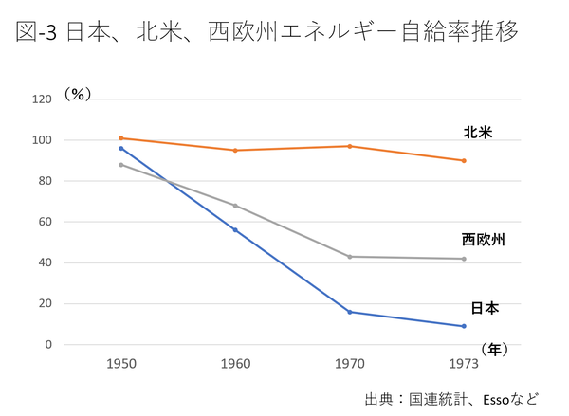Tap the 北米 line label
pyautogui.click(x=477, y=131)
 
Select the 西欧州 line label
pyautogui.click(x=483, y=240)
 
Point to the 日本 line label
pyautogui.click(x=485, y=308)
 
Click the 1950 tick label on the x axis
pyautogui.click(x=120, y=363)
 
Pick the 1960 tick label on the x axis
pyautogui.click(x=235, y=363)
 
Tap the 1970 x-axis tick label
pyautogui.click(x=350, y=363)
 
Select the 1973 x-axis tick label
pyautogui.click(x=464, y=363)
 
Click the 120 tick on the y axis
pyautogui.click(x=42, y=99)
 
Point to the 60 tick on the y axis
pyautogui.click(x=45, y=222)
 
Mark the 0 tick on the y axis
pyautogui.click(x=48, y=345)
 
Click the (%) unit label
pyautogui.click(x=79, y=94)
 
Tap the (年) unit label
pyautogui.click(x=495, y=350)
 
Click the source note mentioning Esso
pyautogui.click(x=451, y=398)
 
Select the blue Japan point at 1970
pyautogui.click(x=350, y=312)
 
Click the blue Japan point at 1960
pyautogui.click(x=235, y=229)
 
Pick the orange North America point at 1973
pyautogui.click(x=464, y=160)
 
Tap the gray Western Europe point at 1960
pyautogui.click(x=235, y=205)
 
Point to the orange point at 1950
pyautogui.click(x=121, y=137)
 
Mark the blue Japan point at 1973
pyautogui.click(x=464, y=326)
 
